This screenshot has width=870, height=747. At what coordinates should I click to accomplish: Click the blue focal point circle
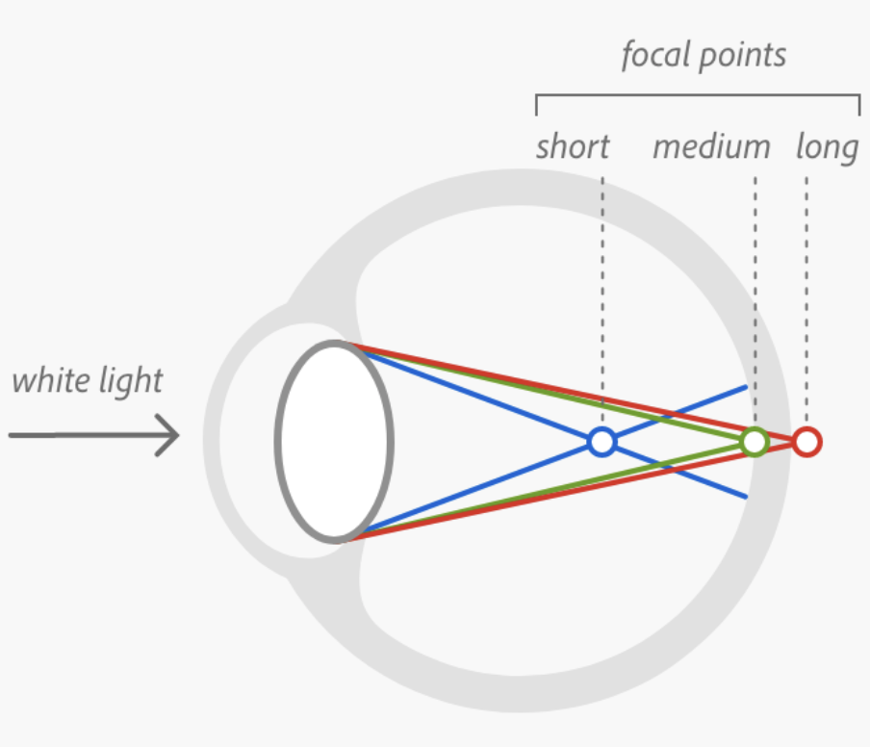tap(601, 442)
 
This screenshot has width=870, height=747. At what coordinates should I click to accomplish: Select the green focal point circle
tap(755, 442)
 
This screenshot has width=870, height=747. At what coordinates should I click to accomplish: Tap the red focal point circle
tap(806, 442)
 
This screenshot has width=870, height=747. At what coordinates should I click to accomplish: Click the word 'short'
tap(573, 147)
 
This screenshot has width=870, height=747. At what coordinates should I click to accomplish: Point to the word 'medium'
tap(711, 147)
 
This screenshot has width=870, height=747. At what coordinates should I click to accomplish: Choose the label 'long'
tap(827, 148)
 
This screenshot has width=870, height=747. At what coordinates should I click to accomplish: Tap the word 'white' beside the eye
tap(49, 380)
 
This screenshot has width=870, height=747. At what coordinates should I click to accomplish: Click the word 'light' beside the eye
tap(131, 381)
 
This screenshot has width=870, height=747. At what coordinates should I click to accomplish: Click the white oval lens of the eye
tap(334, 442)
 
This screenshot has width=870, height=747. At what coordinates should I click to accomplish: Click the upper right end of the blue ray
tap(746, 387)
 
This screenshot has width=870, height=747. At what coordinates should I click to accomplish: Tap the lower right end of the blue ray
tap(746, 497)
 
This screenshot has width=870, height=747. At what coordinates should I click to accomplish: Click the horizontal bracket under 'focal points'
tap(698, 95)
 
